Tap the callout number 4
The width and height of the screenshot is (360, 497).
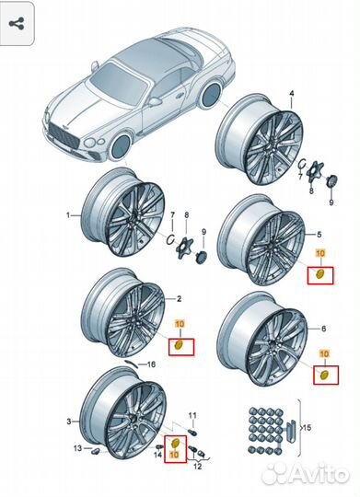[x=292, y=95]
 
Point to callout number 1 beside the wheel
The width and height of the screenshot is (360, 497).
[x=66, y=216]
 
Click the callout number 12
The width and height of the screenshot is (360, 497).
[x=196, y=467]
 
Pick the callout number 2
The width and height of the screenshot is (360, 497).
[x=179, y=299]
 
